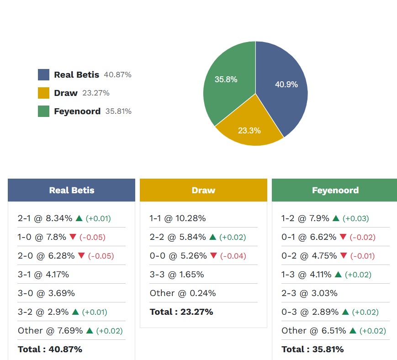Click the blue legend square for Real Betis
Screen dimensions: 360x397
point(43,75)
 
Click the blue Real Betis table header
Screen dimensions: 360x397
point(72,191)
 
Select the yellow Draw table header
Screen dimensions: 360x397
point(203,191)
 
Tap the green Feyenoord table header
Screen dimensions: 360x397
point(335,191)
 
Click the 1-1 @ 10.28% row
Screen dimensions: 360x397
point(178,218)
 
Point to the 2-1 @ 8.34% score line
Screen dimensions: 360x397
point(45,218)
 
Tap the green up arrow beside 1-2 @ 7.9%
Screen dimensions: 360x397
point(336,218)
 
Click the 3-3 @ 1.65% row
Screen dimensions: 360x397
point(177,275)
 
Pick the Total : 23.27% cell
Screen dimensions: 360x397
point(181,312)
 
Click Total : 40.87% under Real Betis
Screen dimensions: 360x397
point(50,349)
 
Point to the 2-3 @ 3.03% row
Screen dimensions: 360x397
point(308,293)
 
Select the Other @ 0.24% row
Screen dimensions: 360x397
point(183,293)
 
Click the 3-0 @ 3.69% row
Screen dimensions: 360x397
point(46,293)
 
